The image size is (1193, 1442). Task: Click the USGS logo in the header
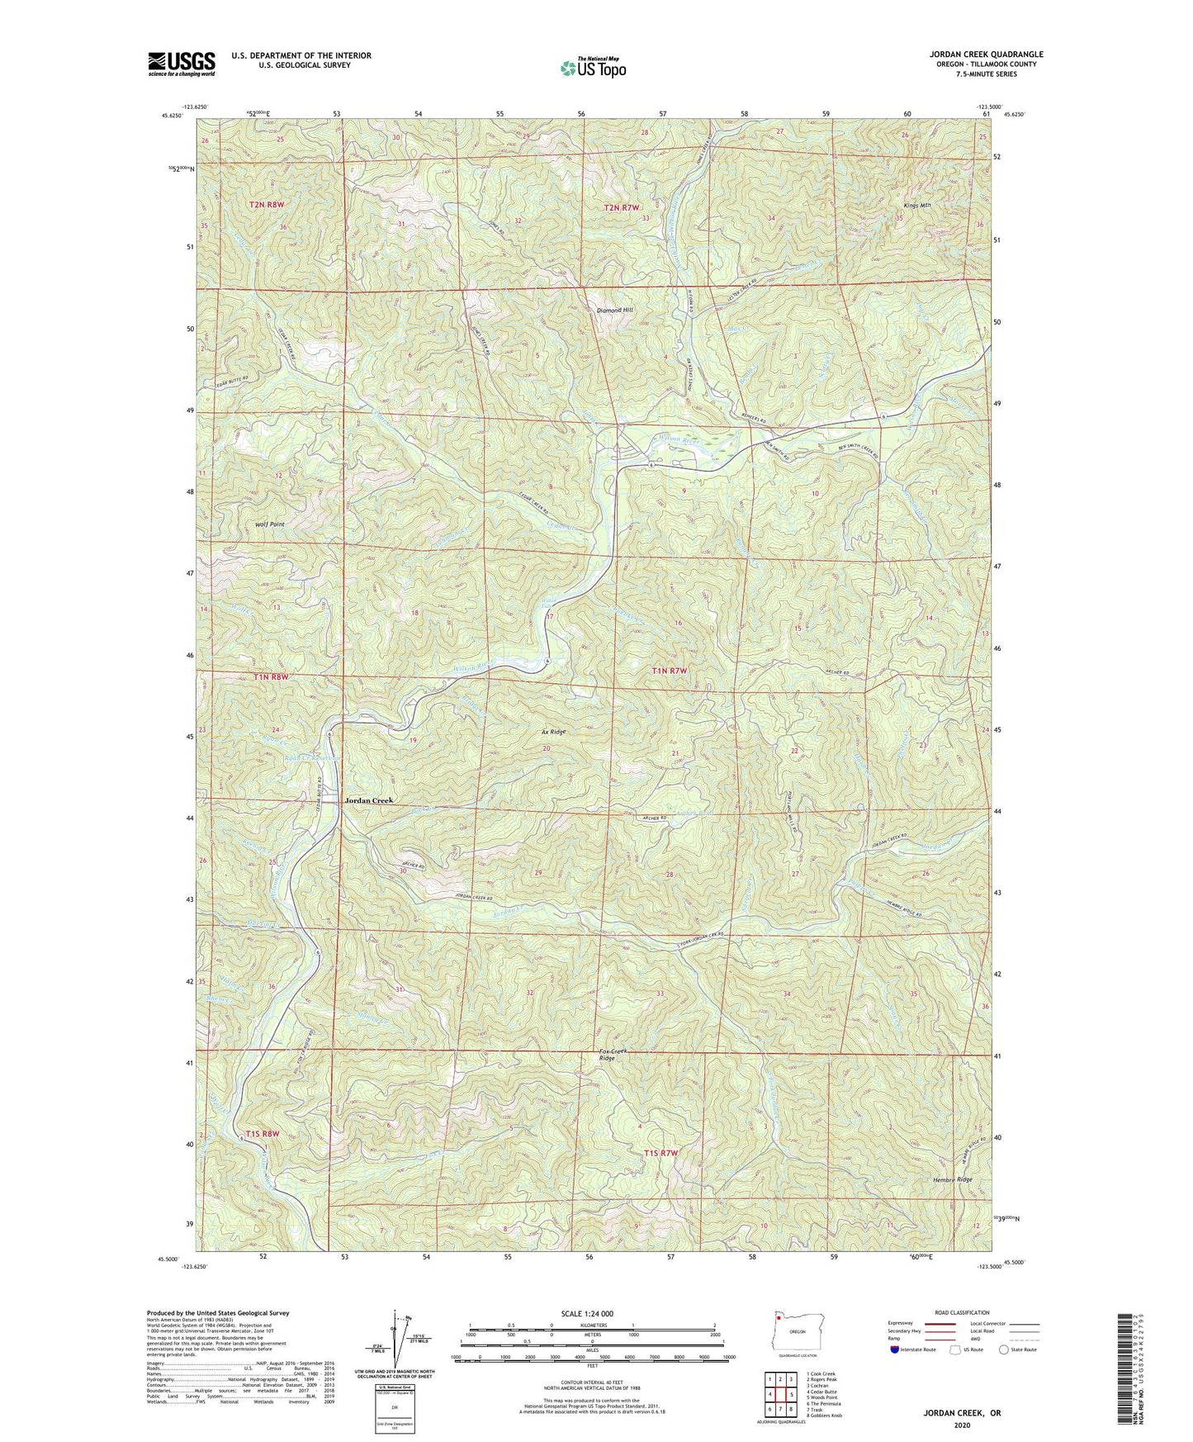pyautogui.click(x=182, y=64)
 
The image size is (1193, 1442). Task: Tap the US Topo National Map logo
pyautogui.click(x=593, y=68)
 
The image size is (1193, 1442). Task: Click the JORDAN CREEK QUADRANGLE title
pyautogui.click(x=986, y=55)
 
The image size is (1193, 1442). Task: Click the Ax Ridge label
pyautogui.click(x=553, y=732)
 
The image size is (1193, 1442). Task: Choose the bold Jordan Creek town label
pyautogui.click(x=369, y=800)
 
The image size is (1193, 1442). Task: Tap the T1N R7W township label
pyautogui.click(x=669, y=671)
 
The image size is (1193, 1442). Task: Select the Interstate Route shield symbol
pyautogui.click(x=895, y=1350)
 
